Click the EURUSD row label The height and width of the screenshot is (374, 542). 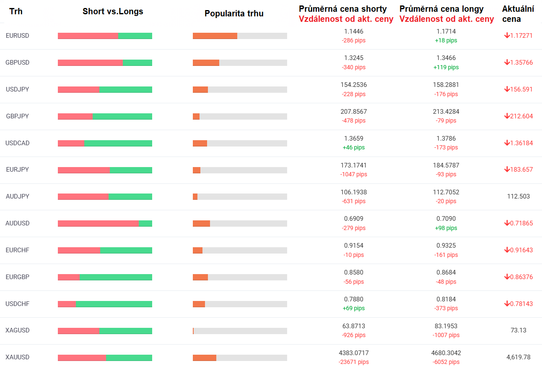(18, 36)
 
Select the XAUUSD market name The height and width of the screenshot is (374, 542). (18, 357)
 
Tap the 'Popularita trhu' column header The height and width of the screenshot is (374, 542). (234, 13)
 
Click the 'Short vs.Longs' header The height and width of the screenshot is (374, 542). (113, 11)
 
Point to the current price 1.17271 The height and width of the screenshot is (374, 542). (521, 36)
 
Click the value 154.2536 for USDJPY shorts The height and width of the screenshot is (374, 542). (353, 85)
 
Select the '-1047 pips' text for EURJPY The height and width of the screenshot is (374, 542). (353, 174)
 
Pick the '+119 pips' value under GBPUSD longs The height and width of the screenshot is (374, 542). (446, 67)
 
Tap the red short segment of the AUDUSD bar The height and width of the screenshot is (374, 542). (98, 223)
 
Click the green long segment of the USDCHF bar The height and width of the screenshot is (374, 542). (114, 304)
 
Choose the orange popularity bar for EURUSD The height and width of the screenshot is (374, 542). (215, 36)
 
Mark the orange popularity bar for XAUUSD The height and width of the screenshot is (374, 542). (205, 358)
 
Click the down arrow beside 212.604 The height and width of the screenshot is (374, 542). (507, 116)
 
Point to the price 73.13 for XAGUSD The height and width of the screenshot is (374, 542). (519, 330)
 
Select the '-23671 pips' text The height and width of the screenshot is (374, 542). (353, 362)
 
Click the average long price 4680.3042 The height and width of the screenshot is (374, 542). (446, 353)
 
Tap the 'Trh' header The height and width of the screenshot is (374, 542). (16, 11)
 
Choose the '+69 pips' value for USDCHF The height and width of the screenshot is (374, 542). (353, 308)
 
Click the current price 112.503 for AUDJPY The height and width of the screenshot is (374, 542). (519, 196)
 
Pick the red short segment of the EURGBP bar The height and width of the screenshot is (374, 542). (69, 277)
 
